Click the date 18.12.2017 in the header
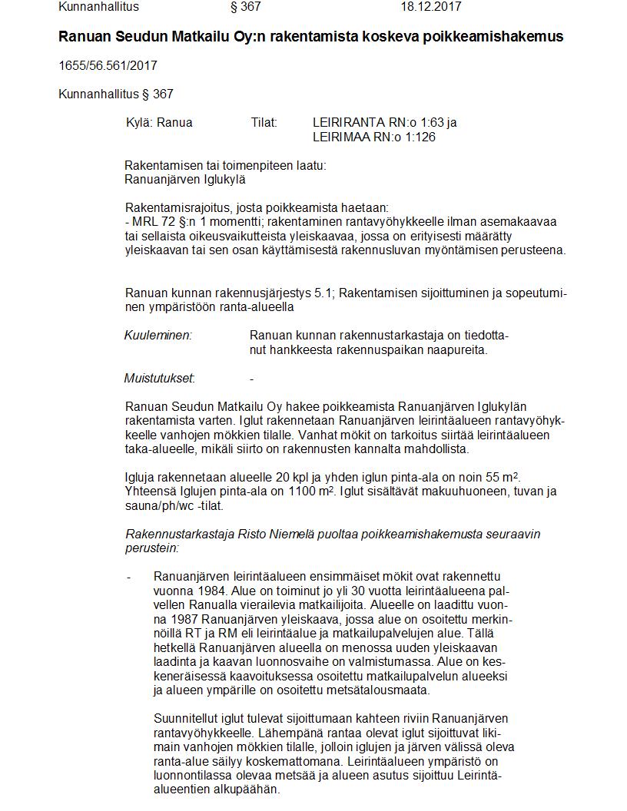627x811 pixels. click(431, 7)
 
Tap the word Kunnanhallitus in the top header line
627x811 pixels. click(99, 7)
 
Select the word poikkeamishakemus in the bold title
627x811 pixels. click(503, 36)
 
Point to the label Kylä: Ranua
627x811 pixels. click(159, 122)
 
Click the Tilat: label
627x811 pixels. click(264, 122)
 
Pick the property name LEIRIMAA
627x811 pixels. click(342, 137)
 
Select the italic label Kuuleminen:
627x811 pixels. click(158, 336)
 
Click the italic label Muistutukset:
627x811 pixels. click(159, 378)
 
